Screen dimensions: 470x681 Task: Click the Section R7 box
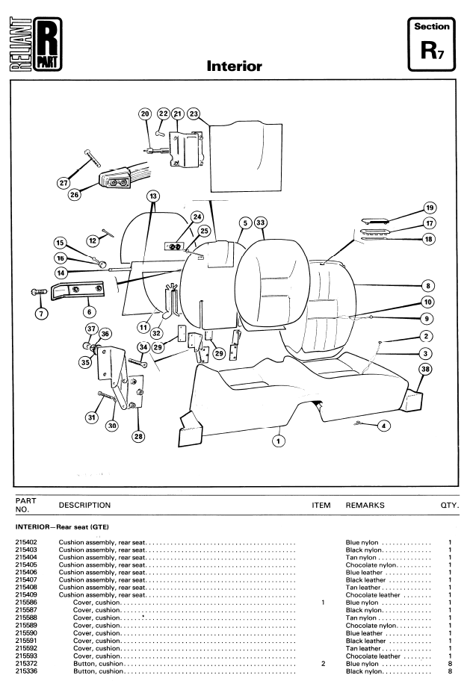tap(431, 44)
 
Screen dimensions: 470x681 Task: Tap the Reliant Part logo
tap(36, 44)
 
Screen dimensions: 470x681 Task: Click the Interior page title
tap(235, 66)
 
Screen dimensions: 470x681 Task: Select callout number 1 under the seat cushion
tap(278, 441)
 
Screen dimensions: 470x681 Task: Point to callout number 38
tap(425, 369)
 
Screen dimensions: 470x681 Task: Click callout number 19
tap(430, 208)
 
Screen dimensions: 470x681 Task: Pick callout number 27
tap(64, 183)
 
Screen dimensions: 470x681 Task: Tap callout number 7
tap(41, 313)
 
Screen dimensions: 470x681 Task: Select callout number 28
tap(138, 436)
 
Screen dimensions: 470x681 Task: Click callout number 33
tap(260, 223)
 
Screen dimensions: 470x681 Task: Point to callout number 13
tap(153, 196)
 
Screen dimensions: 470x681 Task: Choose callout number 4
tap(383, 426)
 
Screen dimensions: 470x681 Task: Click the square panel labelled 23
tap(246, 157)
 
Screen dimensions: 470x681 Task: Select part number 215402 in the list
tap(26, 542)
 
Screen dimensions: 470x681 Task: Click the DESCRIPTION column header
tap(84, 505)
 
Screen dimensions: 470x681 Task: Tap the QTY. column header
tap(450, 505)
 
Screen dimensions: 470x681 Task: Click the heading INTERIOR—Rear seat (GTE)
tap(62, 527)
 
